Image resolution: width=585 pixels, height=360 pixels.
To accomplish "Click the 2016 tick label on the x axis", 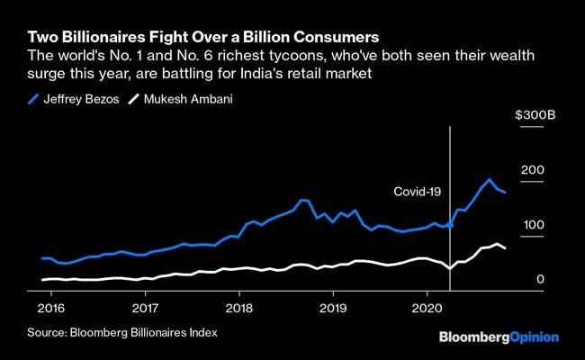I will click(54, 307).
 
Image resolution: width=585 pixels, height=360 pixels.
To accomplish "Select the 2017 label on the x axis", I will click(146, 307).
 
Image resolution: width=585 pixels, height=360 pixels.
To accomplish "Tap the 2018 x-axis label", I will click(238, 307).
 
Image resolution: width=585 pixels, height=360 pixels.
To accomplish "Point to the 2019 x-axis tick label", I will click(332, 307).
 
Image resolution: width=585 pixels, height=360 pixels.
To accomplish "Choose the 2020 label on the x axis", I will click(425, 307).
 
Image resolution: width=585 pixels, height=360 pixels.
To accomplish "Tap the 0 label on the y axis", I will click(541, 280).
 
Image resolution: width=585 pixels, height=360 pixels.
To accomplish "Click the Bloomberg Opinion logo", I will click(499, 337).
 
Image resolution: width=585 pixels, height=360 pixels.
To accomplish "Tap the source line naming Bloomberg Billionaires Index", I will click(122, 332).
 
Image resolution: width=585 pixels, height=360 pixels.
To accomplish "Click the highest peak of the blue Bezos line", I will click(489, 179).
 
